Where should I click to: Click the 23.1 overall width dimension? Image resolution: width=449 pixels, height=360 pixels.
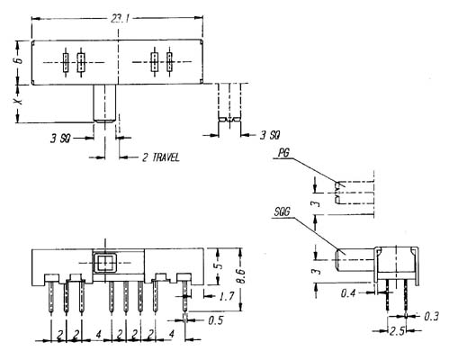[120, 20]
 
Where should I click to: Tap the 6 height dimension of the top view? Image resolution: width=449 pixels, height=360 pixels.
[19, 60]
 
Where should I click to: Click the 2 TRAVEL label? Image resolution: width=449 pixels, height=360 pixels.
[160, 157]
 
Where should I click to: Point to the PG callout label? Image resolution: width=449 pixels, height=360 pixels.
[283, 153]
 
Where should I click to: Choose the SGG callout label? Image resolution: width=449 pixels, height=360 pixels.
[283, 212]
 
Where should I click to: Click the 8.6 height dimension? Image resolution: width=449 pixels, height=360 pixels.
[240, 276]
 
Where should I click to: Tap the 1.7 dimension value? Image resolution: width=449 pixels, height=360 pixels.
[227, 296]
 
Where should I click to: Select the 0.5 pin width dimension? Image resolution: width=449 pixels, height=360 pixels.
[216, 320]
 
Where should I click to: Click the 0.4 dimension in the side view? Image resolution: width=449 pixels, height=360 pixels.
[348, 292]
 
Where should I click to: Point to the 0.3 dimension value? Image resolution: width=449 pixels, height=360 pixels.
[432, 316]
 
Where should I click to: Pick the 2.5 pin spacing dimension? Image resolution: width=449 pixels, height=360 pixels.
[397, 331]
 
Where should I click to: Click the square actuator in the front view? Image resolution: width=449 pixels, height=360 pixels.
[104, 263]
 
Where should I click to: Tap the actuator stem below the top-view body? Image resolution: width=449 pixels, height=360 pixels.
[104, 103]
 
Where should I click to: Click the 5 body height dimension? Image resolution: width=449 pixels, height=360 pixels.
[220, 266]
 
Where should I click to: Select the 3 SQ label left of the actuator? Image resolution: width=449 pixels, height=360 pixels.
[60, 139]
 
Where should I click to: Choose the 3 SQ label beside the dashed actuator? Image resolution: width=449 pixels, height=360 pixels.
[270, 135]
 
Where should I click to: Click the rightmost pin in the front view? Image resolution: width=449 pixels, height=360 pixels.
[185, 296]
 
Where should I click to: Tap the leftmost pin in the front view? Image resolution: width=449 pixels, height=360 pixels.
[51, 297]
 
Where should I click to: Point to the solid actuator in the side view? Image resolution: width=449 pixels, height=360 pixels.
[355, 260]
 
